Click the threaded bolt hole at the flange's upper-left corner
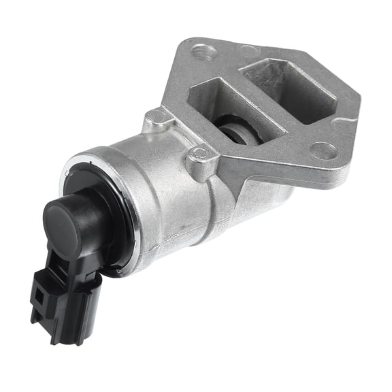(201, 52)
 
